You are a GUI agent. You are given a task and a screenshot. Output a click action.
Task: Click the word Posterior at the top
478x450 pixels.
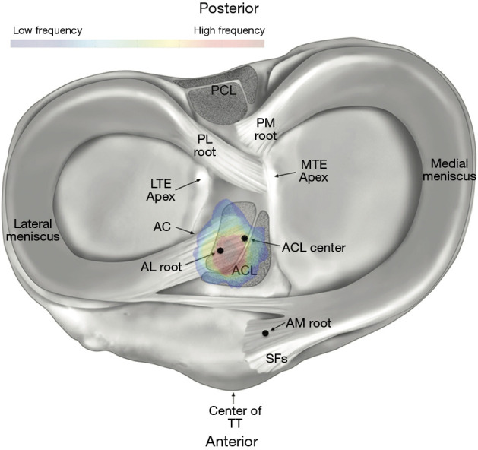point(239,9)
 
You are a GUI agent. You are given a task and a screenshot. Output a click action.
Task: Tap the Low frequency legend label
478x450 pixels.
point(47,30)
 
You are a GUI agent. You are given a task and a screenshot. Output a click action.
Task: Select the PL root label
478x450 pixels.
point(204,145)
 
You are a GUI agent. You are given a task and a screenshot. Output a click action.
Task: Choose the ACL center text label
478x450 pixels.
point(313,247)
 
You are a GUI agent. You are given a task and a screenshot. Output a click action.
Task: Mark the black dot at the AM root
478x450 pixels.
point(265,333)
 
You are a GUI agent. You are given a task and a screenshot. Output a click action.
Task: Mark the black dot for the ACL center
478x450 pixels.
point(244,239)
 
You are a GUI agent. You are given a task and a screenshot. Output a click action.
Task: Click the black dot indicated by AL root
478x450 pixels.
point(220,250)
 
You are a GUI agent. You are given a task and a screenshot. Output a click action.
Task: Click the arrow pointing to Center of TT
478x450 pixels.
point(234,396)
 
